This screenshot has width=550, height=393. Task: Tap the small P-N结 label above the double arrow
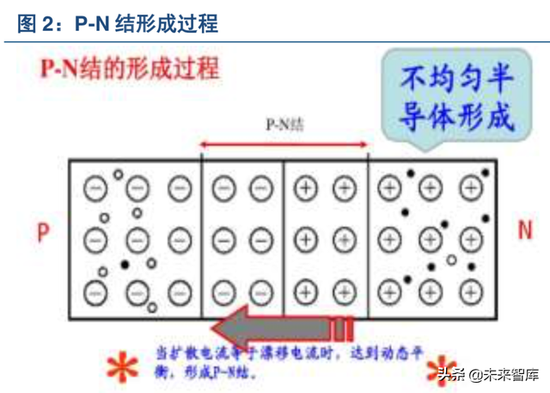pos(285,124)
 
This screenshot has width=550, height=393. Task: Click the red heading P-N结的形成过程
pos(130,66)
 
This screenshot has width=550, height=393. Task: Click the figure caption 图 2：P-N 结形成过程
pos(119,23)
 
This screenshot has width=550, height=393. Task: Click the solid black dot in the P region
pos(125,265)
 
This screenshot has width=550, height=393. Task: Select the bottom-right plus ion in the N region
pos(470,291)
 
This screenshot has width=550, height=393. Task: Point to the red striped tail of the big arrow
pos(344,329)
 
